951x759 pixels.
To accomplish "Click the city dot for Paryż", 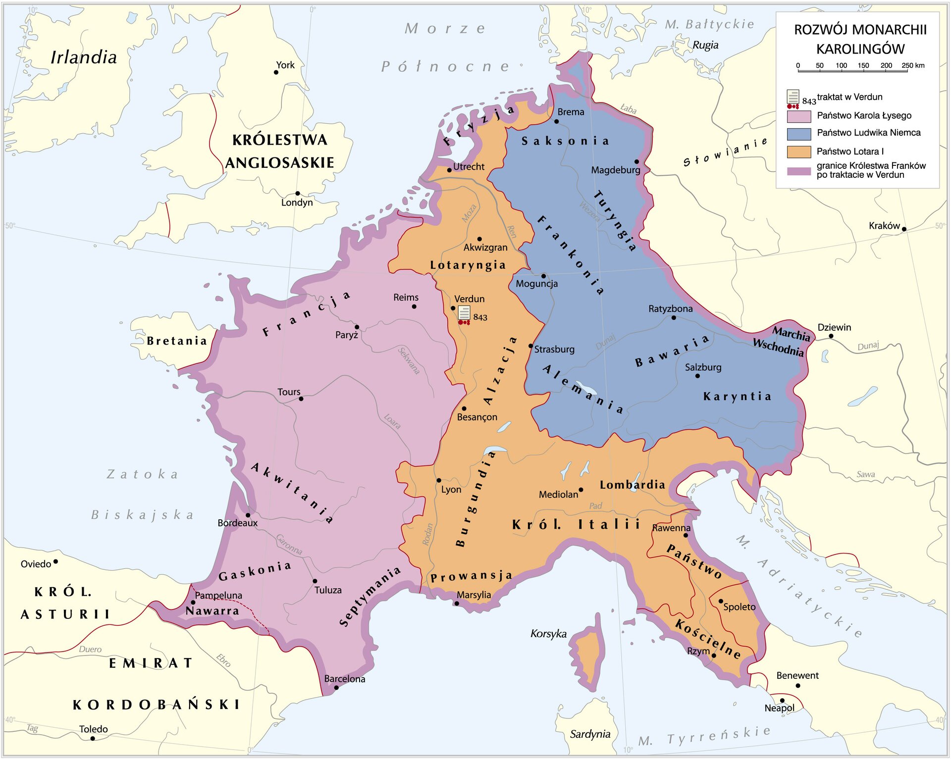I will point(357,327).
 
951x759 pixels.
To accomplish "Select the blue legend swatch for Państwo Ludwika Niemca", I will point(798,134).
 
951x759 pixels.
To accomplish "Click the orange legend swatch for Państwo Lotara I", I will point(798,152).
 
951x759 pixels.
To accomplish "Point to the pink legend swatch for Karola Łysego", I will point(798,116).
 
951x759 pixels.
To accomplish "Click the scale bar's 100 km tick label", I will point(841,65).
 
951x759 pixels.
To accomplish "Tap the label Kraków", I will point(884,226).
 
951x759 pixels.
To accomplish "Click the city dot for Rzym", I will point(714,656).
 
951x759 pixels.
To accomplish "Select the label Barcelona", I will point(345,679).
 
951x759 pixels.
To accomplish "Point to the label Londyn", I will point(297,202).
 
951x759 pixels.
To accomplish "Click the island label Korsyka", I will point(548,634).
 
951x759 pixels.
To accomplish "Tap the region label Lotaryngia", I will point(468,265).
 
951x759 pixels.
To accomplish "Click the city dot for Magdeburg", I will point(636,162).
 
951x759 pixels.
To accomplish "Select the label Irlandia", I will point(84,57).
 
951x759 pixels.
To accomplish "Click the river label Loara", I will point(392,421).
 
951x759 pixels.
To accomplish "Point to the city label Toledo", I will point(93,729).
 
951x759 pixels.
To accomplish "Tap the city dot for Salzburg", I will point(697,376).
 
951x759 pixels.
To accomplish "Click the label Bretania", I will point(177,341).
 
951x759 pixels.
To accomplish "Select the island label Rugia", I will point(705,45).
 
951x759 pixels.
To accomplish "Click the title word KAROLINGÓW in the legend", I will point(860,49).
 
